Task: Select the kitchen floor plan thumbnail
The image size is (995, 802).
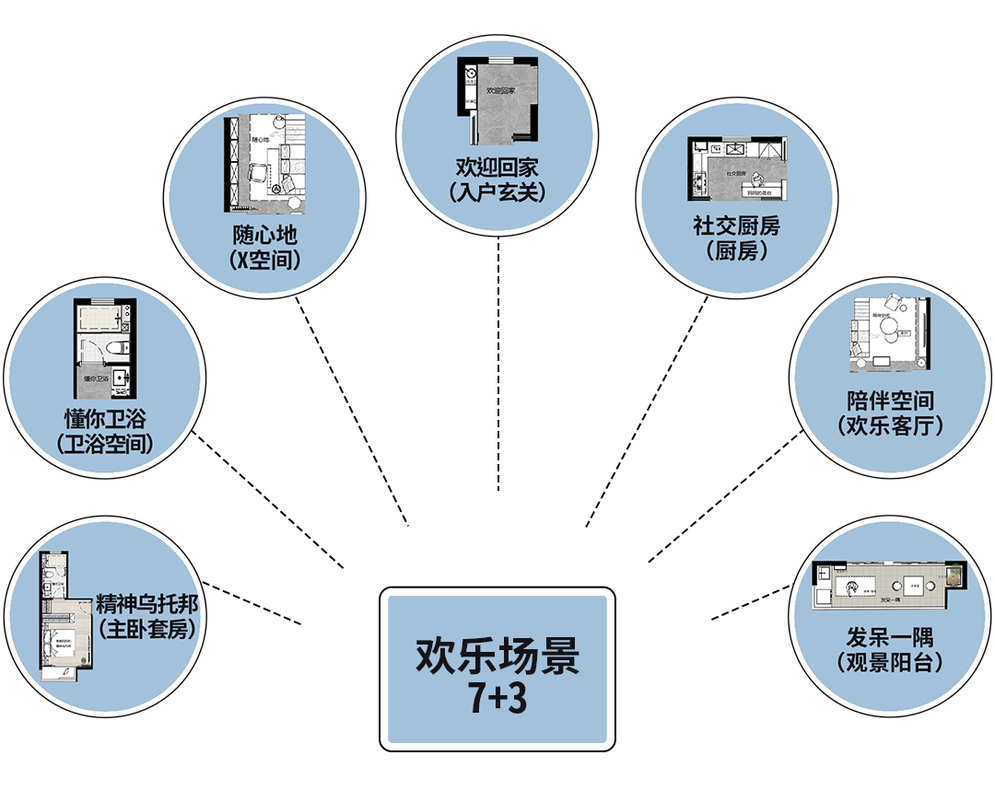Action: [x=738, y=169]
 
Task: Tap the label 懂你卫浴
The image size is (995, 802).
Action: [x=104, y=420]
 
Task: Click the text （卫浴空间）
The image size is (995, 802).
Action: [x=104, y=446]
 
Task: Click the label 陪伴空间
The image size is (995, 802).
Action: [x=890, y=401]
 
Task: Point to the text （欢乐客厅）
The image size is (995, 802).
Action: [x=890, y=426]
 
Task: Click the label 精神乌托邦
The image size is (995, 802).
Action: [x=147, y=606]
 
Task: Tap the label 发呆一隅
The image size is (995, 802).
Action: [x=889, y=636]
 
